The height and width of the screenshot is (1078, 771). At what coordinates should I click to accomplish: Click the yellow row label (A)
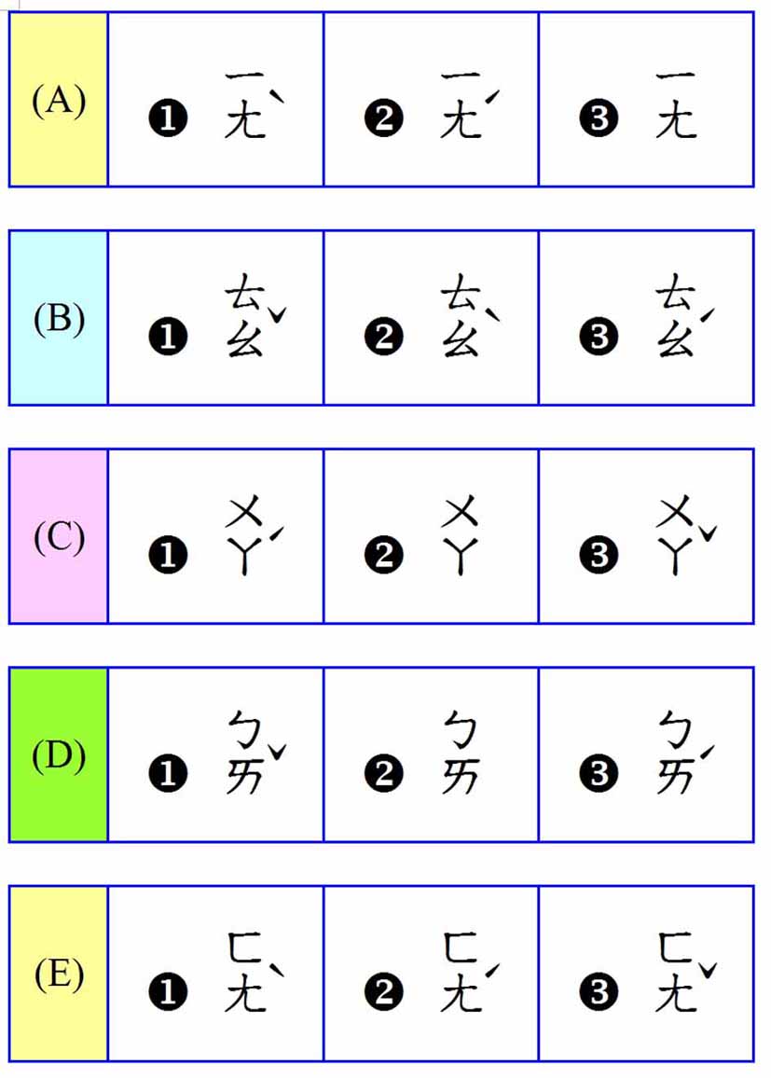pos(59,100)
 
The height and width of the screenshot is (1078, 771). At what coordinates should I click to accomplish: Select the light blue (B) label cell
pos(59,318)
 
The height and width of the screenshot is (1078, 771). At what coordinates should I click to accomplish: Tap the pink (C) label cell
pos(59,536)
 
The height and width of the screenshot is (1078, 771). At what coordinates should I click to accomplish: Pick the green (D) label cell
pos(59,754)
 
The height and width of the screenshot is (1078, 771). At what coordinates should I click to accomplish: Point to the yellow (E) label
pos(59,974)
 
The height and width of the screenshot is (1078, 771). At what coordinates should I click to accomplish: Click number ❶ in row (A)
pos(168,119)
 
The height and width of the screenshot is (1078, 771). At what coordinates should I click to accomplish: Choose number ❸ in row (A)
pos(599,119)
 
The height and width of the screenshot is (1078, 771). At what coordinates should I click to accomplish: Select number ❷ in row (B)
pos(383,338)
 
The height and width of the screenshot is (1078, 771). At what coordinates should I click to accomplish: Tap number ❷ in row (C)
pos(383,556)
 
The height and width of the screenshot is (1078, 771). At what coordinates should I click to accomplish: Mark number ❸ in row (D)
pos(599,774)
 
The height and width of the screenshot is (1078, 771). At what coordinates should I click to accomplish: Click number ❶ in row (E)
pos(168,993)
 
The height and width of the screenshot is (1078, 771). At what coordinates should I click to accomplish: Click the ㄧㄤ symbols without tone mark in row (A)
pos(675,104)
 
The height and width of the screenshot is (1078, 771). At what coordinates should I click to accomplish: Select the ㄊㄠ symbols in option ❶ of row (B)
pos(244,318)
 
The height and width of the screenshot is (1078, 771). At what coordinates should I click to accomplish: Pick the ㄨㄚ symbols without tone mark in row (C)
pos(460,537)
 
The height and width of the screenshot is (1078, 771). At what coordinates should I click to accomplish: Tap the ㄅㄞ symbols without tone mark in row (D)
pos(460,754)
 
